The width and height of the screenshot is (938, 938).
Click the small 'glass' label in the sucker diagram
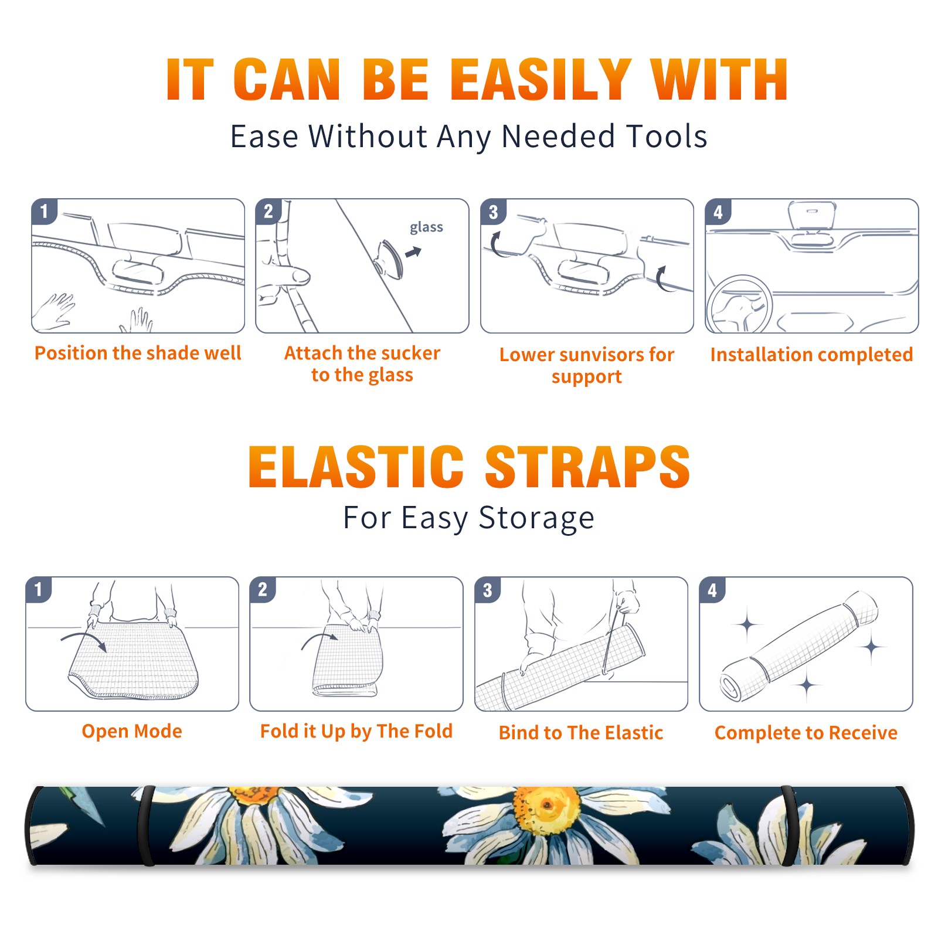[x=426, y=227]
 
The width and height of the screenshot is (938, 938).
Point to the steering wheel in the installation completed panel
[x=739, y=303]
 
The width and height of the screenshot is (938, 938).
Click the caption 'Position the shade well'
[x=138, y=353]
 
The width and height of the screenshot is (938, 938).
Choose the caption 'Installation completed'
[x=811, y=355]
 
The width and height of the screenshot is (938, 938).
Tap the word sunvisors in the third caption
[x=600, y=355]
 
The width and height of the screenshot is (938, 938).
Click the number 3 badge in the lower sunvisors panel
[x=493, y=212]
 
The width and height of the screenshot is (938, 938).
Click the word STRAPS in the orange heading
[x=587, y=467]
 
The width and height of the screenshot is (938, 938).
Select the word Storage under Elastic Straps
[x=536, y=518]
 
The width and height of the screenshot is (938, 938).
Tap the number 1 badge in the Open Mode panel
[x=39, y=589]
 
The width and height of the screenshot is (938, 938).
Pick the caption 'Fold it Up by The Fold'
[x=356, y=731]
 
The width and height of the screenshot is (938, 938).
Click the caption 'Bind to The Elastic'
[x=581, y=733]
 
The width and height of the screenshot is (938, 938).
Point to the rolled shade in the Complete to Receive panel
[x=799, y=646]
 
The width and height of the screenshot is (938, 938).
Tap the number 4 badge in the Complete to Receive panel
[x=712, y=590]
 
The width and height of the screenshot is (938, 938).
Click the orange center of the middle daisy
[x=545, y=809]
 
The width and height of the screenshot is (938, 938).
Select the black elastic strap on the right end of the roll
[x=789, y=825]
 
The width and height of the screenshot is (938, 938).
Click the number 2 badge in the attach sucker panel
[x=269, y=212]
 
